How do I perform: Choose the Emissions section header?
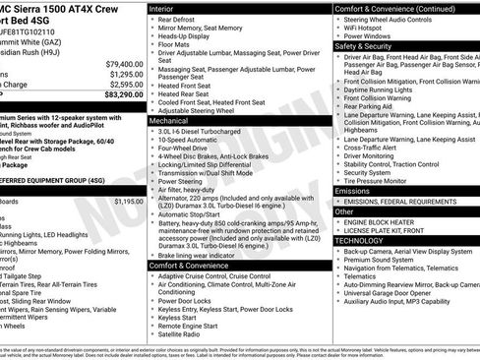point(353,190)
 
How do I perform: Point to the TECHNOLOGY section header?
point(360,240)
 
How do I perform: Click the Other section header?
point(344,210)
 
